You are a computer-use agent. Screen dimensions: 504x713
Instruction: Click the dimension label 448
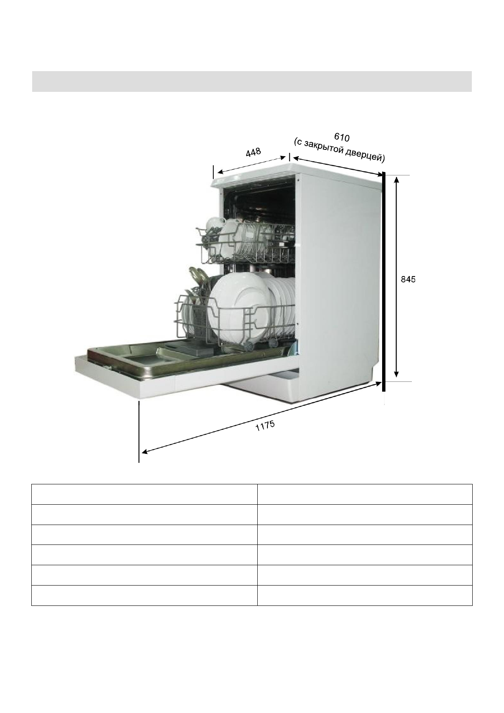pos(253,152)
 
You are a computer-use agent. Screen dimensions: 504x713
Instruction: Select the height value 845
pos(408,279)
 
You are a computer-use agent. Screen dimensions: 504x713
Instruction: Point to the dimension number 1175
pos(265,426)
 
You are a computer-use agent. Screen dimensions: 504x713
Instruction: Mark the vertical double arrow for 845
pos(396,277)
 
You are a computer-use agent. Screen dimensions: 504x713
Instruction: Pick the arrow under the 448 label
pos(251,165)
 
